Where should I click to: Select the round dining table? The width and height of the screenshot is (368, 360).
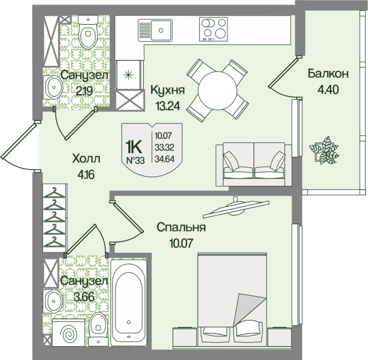coord(215,88)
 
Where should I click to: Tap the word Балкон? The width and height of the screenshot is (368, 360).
coord(328,73)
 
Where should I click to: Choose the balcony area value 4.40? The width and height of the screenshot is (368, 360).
coord(328,89)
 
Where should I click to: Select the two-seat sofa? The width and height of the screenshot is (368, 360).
coord(254,163)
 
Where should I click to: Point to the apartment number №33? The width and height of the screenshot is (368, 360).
coord(135,160)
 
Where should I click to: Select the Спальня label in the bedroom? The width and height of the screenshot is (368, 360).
coord(180,228)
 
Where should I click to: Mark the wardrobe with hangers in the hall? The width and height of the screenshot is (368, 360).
coord(54,216)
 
